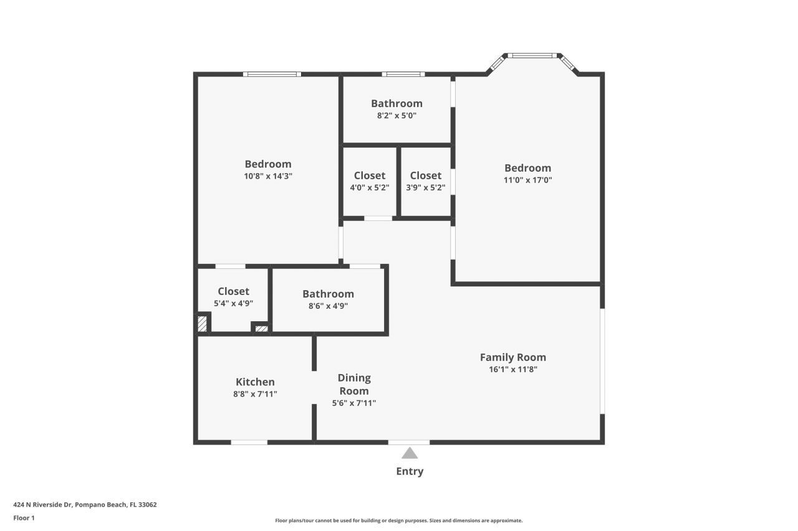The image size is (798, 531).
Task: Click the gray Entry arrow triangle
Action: tap(410, 453)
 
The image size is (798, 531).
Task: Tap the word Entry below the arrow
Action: tap(410, 471)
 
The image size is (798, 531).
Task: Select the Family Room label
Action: tap(512, 357)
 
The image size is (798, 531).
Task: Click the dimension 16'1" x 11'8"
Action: tap(512, 369)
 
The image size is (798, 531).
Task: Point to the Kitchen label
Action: tap(255, 382)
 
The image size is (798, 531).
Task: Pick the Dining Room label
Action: tap(353, 384)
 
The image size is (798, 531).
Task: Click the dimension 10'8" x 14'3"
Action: tap(268, 176)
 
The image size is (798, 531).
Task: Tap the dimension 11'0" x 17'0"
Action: tap(527, 180)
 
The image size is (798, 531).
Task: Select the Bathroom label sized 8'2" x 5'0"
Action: tap(397, 103)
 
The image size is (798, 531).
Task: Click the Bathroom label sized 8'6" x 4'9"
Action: tap(328, 294)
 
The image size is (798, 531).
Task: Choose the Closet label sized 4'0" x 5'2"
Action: tap(370, 176)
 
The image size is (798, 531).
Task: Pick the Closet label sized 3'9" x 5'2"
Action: tap(426, 176)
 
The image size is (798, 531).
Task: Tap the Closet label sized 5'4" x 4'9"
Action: tap(233, 291)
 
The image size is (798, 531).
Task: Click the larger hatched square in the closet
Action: tap(202, 324)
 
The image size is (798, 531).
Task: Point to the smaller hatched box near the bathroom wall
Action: tap(261, 328)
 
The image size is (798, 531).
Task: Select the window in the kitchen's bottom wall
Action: tap(249, 442)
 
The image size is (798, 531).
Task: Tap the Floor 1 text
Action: tap(24, 517)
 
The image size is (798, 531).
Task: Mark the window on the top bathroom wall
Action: tap(403, 74)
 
